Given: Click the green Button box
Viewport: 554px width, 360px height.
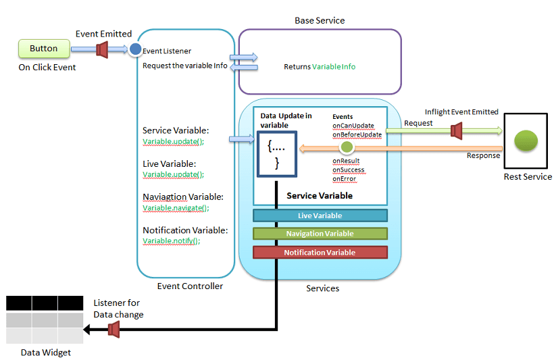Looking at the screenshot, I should point(44,49).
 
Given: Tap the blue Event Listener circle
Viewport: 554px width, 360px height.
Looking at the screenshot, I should point(135,49).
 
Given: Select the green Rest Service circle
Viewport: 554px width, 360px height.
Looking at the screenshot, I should point(526,140).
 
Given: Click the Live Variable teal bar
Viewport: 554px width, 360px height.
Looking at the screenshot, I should point(320,215).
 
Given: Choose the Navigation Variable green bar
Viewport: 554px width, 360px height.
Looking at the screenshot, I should point(320,234).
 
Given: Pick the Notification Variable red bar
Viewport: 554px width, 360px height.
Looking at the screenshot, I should point(320,252).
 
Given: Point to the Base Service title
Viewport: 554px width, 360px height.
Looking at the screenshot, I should point(320,20).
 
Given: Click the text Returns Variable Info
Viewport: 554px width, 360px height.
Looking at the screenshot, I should point(320,67).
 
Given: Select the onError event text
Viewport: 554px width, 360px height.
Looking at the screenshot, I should point(345,179).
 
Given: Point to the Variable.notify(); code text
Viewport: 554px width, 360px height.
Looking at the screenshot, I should point(172,241).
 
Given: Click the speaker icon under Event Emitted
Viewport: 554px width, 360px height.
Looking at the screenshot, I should point(103,49).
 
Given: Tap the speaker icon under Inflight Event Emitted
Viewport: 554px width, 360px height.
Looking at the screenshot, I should point(457,130).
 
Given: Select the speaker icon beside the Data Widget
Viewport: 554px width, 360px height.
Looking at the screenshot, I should point(114,330).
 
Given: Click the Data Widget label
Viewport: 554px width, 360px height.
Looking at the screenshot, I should point(45,353).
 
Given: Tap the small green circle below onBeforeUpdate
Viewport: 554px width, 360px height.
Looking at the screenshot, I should point(347,147).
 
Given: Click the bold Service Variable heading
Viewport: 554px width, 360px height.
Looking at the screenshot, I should point(320,196).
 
